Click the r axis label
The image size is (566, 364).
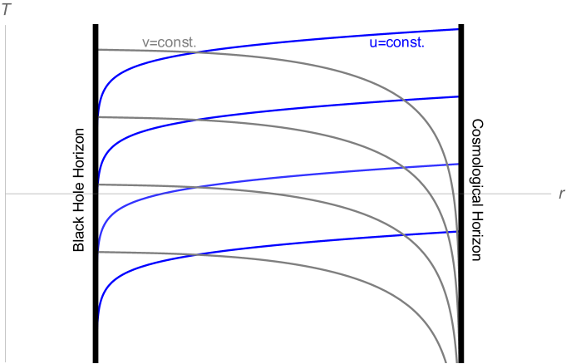coord(562,194)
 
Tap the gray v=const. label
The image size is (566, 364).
coord(170,42)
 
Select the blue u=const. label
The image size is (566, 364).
coord(396,42)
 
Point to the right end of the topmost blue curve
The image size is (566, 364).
coord(458,29)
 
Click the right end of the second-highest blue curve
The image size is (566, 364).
coord(458,96)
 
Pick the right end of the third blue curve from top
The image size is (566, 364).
coord(458,164)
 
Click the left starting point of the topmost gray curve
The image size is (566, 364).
coord(99,49)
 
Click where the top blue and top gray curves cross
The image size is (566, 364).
coord(196,53)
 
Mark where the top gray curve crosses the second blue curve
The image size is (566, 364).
coord(402,101)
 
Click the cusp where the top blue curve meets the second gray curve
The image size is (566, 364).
coord(99,117)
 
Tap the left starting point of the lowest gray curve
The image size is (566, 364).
coord(99,252)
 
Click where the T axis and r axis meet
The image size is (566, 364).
coord(6,194)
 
